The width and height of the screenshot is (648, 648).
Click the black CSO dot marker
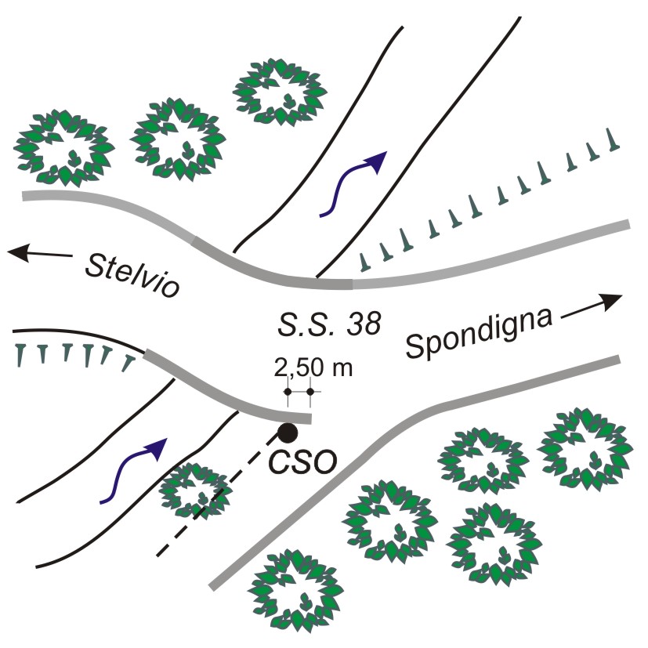[x=288, y=432]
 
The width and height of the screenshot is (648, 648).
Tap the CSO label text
[x=303, y=462]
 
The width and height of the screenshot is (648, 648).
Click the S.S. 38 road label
[x=329, y=321]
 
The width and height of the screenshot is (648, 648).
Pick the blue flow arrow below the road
[x=134, y=469]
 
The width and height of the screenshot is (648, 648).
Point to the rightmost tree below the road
[x=585, y=447]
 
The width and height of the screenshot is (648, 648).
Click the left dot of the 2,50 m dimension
[x=288, y=391]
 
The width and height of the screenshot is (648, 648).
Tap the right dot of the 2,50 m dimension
[x=310, y=391]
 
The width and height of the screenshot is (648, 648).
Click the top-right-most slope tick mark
[x=614, y=139]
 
